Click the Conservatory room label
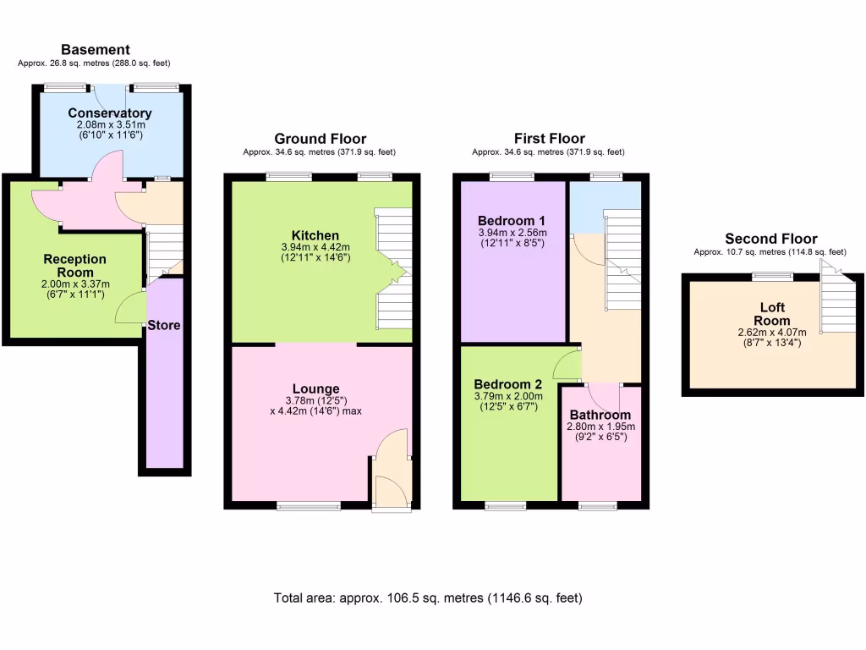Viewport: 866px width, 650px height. (110, 113)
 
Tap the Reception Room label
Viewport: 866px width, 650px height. (75, 266)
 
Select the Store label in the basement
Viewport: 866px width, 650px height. (164, 325)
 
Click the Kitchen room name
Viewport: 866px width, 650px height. (315, 235)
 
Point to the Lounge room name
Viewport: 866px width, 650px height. (317, 389)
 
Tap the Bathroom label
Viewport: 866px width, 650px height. (600, 415)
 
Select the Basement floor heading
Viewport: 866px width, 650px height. (95, 50)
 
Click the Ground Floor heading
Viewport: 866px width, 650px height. (320, 139)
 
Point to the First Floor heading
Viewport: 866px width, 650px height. (549, 139)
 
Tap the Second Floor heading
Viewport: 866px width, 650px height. (770, 239)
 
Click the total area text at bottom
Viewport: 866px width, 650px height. (428, 598)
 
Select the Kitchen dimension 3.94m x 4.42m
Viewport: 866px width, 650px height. (315, 247)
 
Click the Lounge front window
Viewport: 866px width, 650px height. (302, 506)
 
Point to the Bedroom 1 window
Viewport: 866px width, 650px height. (512, 176)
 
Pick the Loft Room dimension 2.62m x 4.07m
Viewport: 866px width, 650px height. (772, 333)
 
